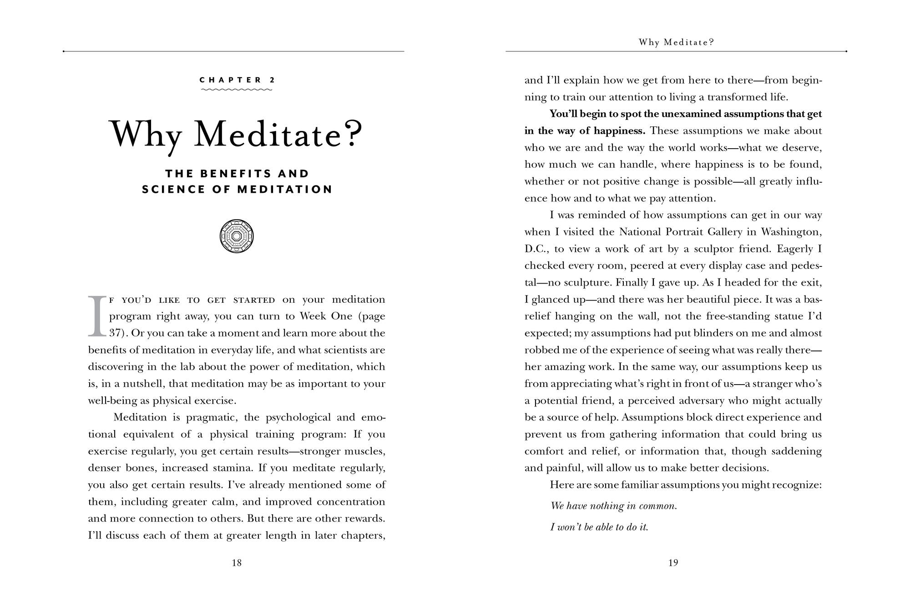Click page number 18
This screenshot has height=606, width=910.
[x=237, y=563]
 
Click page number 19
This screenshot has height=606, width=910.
[x=673, y=563]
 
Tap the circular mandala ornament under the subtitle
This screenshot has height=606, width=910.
[x=237, y=236]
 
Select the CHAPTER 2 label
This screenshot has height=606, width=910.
[x=237, y=80]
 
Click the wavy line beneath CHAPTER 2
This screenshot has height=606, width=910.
[x=237, y=90]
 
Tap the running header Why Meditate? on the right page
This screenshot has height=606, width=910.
[x=676, y=42]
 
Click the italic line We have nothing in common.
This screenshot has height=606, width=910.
[x=613, y=506]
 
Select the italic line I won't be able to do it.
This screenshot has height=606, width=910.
[x=599, y=527]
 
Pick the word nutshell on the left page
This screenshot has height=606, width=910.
[x=144, y=384]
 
